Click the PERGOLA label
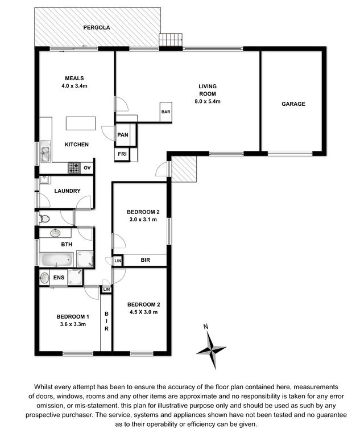[x=97, y=27]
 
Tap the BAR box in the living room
[x=166, y=112]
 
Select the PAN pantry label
[x=123, y=135]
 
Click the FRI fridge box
[x=122, y=154]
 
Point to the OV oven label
[x=87, y=168]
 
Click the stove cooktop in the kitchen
[x=74, y=168]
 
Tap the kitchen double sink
[x=45, y=151]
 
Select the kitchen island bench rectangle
[x=81, y=123]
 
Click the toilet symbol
[x=44, y=218]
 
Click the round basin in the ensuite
[x=44, y=278]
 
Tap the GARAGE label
[x=293, y=104]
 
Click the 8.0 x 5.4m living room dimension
[x=208, y=101]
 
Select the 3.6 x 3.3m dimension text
[x=73, y=324]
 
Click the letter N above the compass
[x=206, y=327]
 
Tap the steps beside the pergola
[x=171, y=40]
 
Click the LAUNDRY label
[x=67, y=191]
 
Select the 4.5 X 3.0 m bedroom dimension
[x=143, y=312]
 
